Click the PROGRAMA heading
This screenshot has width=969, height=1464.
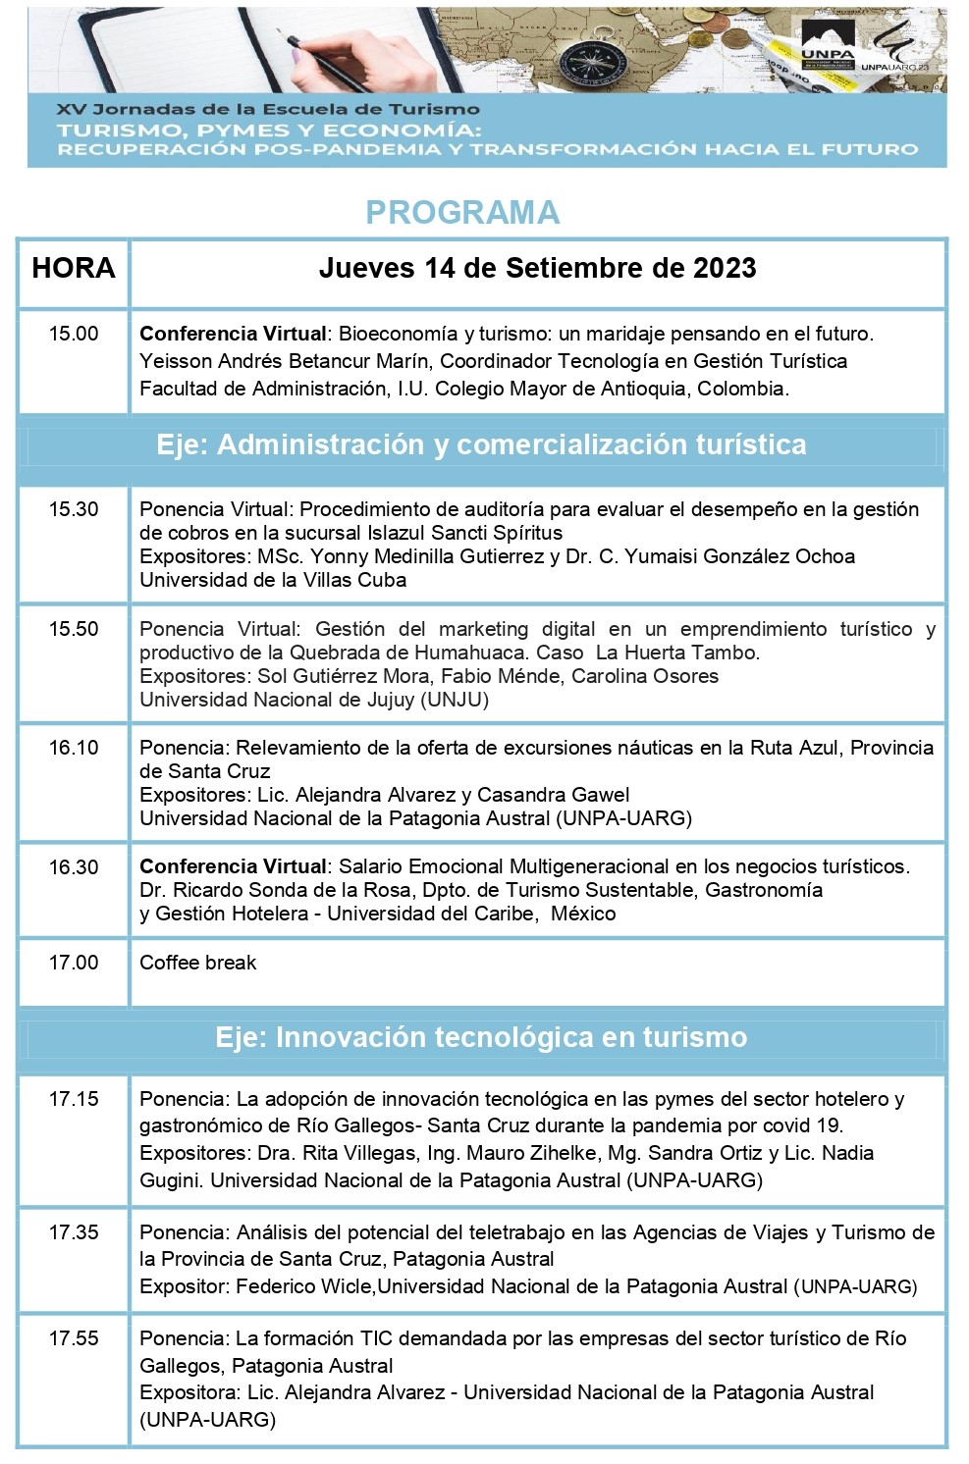click(x=462, y=212)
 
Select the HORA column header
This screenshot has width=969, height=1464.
click(x=74, y=268)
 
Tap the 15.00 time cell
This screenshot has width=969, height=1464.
click(x=74, y=334)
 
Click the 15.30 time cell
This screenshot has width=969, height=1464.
click(x=74, y=509)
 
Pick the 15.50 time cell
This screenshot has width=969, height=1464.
click(x=74, y=629)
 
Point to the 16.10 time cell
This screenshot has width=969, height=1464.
click(x=74, y=748)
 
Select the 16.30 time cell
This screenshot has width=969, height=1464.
click(x=74, y=867)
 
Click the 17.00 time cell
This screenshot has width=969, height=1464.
click(x=74, y=963)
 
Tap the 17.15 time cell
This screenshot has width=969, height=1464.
click(x=74, y=1099)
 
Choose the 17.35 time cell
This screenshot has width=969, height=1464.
click(x=74, y=1232)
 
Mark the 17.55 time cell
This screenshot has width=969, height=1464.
click(x=74, y=1338)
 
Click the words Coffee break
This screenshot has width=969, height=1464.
click(x=197, y=963)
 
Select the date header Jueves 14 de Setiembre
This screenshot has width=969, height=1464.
click(x=537, y=268)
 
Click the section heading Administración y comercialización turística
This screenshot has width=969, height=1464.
click(x=481, y=445)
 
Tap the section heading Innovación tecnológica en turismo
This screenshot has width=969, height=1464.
click(x=481, y=1037)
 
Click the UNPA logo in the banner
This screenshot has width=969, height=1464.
click(x=828, y=49)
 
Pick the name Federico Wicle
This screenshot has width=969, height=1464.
click(x=304, y=1286)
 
